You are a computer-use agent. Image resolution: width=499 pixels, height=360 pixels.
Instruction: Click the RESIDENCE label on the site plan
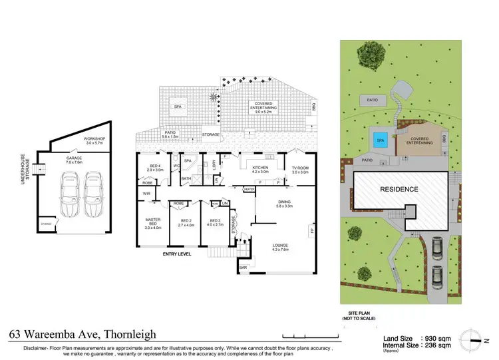pos(399,189)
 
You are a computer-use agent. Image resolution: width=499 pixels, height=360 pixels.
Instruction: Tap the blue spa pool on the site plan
pos(381,140)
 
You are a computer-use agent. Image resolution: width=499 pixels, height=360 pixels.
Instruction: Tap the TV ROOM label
pos(300,170)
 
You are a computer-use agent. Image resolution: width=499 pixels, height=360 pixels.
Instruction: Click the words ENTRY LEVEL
pos(177,254)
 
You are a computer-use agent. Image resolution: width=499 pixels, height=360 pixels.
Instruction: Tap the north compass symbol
pos(473,337)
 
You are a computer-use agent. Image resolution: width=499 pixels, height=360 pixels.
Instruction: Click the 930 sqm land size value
pos(436,338)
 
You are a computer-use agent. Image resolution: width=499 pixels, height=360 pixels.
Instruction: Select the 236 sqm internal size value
pos(436,345)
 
